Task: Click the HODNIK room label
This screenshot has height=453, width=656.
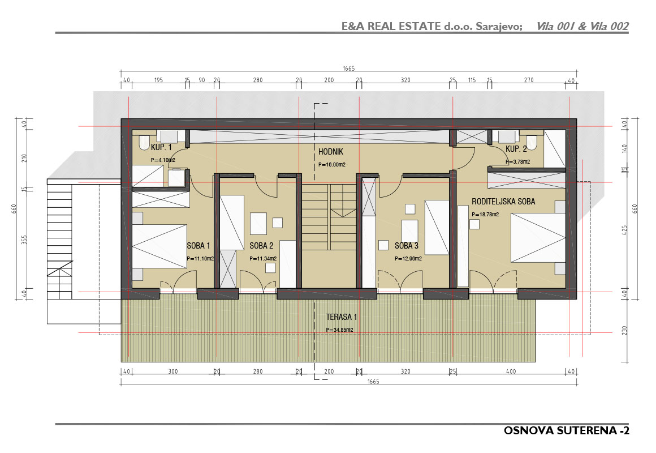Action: (x=331, y=152)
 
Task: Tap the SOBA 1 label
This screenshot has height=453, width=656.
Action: (x=198, y=246)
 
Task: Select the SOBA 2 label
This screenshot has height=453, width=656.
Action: (x=261, y=246)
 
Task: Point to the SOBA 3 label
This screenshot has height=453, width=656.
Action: (x=407, y=246)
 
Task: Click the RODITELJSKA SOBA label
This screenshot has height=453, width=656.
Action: (x=503, y=202)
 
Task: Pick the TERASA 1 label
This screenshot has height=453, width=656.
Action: (x=342, y=317)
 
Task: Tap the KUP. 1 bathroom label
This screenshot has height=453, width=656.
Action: (x=161, y=147)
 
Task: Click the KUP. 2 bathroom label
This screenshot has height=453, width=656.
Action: (x=516, y=149)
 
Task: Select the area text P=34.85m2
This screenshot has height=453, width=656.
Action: (x=340, y=330)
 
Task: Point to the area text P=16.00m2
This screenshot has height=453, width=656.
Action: (x=332, y=165)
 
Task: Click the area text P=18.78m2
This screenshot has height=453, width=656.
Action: (x=485, y=214)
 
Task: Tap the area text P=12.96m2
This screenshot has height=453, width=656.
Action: (x=408, y=259)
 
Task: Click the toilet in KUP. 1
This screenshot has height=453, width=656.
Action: (x=144, y=143)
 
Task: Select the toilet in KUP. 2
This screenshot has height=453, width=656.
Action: (x=532, y=143)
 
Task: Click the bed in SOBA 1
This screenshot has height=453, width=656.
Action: (x=159, y=246)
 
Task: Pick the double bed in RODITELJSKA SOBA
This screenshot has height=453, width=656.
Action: (x=538, y=238)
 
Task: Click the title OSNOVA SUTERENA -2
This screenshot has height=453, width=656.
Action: (x=567, y=431)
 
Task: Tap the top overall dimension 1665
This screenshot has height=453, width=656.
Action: (x=348, y=69)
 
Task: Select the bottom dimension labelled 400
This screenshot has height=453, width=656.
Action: (x=511, y=371)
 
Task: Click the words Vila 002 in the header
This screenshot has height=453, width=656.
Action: (x=609, y=27)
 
